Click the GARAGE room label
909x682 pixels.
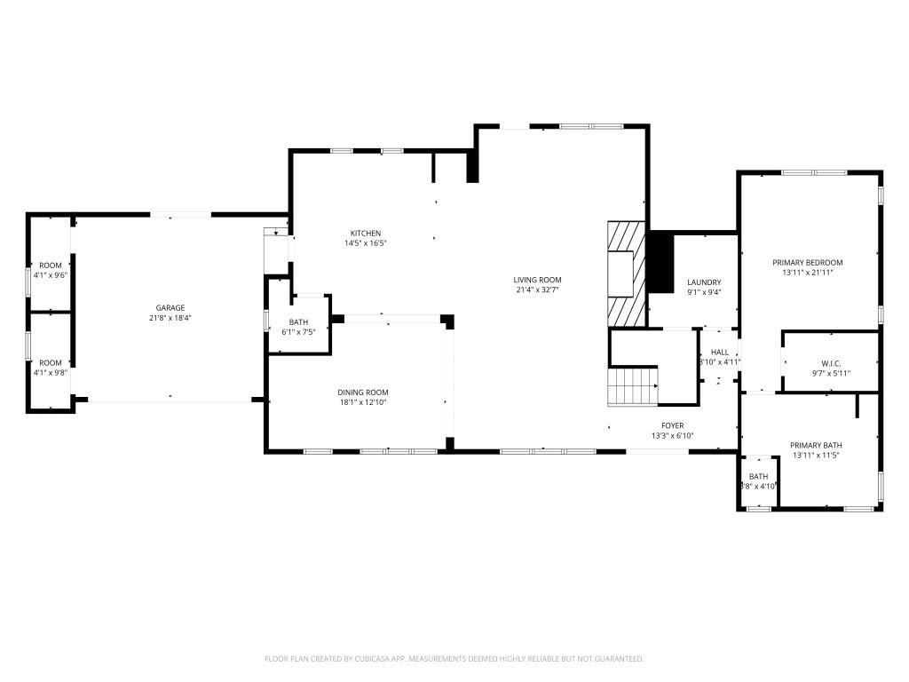[x=170, y=308]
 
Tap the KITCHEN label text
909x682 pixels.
[x=365, y=234]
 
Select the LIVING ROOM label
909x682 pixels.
[x=537, y=280]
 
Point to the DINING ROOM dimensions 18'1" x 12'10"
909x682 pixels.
[x=362, y=402]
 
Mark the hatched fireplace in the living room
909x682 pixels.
[x=623, y=274]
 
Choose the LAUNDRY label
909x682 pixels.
[x=705, y=282]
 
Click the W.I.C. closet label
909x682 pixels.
[x=831, y=363]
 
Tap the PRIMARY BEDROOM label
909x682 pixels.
[x=807, y=263]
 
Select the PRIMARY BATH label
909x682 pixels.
[x=816, y=446]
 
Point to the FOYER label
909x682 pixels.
[x=671, y=426]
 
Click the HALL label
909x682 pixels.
[x=719, y=353]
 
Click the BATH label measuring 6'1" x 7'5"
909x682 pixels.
[x=298, y=322]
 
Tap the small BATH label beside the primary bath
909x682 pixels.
[x=758, y=477]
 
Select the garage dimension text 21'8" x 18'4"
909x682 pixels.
[x=170, y=318]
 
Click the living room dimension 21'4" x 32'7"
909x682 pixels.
[x=537, y=289]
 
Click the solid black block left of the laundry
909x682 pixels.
[x=660, y=262]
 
